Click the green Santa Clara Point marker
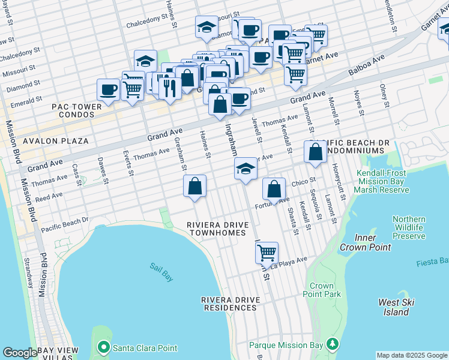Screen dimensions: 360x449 103,347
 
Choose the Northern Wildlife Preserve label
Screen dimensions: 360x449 408,228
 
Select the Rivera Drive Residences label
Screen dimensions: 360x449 229,304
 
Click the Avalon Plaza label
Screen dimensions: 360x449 55,142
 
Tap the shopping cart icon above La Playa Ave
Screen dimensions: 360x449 267,252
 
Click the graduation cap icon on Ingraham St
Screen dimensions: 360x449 245,169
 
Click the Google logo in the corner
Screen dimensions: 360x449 20,353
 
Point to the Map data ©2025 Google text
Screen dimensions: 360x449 412,355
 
